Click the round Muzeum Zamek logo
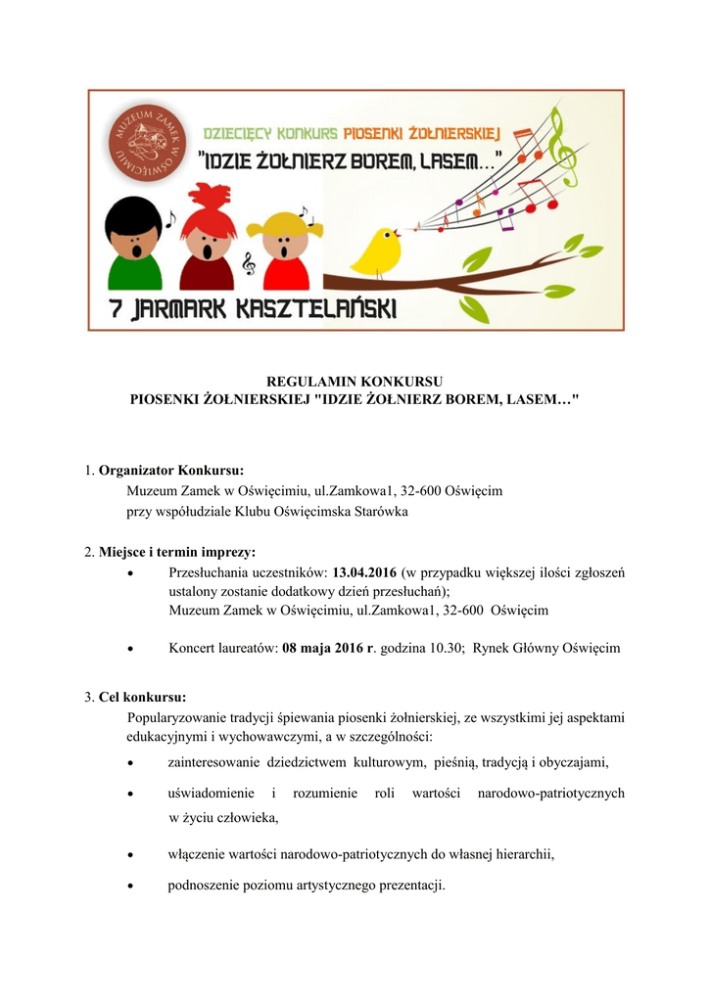[141, 142]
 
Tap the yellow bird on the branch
[376, 251]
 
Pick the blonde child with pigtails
[283, 245]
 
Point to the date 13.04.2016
[363, 572]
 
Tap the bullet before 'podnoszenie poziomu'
[132, 887]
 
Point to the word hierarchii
[523, 854]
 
